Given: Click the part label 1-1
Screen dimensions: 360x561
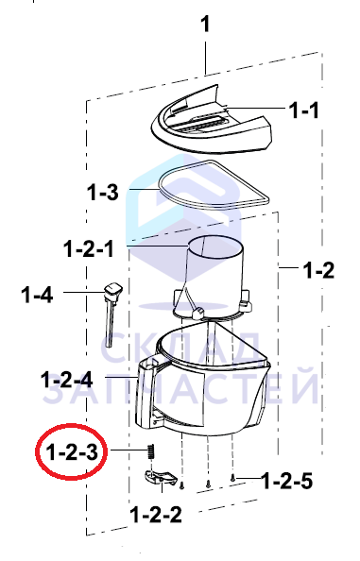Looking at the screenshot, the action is [x=304, y=110].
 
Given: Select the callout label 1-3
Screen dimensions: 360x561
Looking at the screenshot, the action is [x=103, y=192].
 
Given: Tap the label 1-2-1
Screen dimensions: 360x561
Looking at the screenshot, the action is [x=89, y=248].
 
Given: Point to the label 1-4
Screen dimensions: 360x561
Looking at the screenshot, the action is [x=37, y=295].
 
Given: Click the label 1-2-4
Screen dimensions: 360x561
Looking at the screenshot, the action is [x=67, y=380].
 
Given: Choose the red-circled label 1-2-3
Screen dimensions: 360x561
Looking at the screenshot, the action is [x=72, y=452].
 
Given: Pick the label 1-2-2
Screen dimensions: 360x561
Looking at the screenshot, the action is [x=156, y=515].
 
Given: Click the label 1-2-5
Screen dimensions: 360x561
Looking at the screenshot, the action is [x=287, y=481].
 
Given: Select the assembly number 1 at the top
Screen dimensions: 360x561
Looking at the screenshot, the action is [x=205, y=25].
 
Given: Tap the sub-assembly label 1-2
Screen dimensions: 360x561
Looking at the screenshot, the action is [x=318, y=270].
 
